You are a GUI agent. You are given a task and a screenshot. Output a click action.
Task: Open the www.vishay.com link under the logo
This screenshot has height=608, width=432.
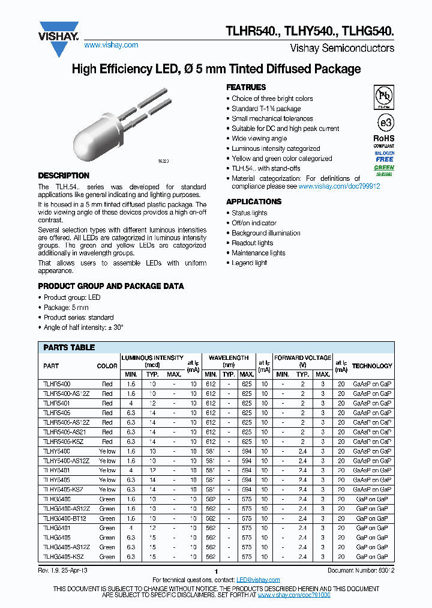tap(111, 45)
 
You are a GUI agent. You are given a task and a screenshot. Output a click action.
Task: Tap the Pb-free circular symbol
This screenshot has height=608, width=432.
tap(384, 96)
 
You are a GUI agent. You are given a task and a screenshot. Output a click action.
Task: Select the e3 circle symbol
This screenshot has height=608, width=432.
tap(384, 122)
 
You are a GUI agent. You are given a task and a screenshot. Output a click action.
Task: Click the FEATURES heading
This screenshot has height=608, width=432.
tap(246, 87)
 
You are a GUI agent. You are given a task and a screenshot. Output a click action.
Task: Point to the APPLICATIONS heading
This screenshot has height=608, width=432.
tap(254, 201)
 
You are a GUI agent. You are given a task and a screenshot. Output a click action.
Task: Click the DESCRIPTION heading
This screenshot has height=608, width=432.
tap(64, 175)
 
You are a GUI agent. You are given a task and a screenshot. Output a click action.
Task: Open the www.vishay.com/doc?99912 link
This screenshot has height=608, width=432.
tap(339, 187)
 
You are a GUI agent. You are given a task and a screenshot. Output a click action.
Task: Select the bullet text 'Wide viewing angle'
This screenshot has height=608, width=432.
tap(259, 139)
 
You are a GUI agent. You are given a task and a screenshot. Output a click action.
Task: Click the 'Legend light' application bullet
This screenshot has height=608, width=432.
tap(250, 263)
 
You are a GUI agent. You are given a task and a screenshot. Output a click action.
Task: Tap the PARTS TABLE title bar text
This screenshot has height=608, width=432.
tap(69, 347)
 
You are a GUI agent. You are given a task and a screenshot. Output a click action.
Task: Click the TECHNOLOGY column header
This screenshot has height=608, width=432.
tap(372, 366)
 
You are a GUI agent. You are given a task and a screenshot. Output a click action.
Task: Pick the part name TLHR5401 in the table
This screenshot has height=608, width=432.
tap(56, 403)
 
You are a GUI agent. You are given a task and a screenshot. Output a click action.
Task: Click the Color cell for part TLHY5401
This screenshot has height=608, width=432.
tap(107, 470)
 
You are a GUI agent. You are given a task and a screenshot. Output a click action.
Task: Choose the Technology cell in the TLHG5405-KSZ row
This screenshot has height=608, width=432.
tap(372, 557)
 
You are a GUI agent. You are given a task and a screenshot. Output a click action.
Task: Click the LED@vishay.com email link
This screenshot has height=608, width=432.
tap(258, 580)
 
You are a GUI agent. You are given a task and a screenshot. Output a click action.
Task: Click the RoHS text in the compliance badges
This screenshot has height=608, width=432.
tap(384, 138)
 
